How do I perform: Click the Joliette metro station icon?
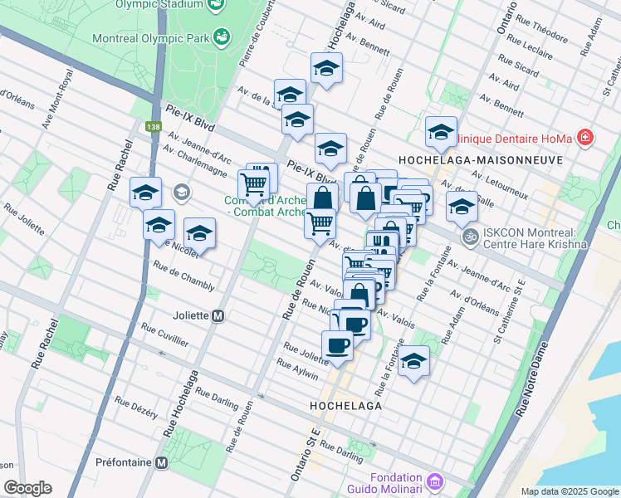pos(218,315)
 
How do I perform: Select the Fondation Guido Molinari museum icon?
pos(433,481)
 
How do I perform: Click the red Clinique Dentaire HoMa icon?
pos(585,136)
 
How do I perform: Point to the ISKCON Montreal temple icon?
pos(470,237)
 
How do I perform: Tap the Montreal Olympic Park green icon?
pos(222,37)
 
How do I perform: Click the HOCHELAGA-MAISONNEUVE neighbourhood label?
pos(470,159)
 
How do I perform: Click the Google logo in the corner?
pos(27,488)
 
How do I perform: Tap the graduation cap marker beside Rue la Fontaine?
pos(413,362)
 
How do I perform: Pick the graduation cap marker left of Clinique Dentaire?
pos(441,131)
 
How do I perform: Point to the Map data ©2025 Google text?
pos(569,491)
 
